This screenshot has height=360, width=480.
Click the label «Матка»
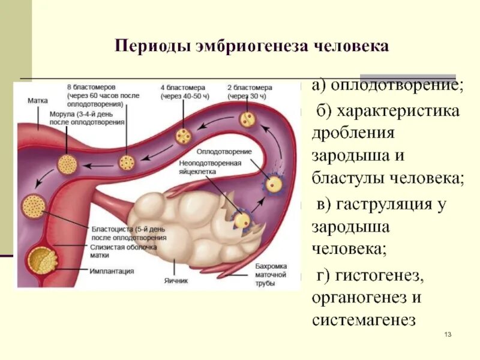[37, 101]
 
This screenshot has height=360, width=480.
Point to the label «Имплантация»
[112, 271]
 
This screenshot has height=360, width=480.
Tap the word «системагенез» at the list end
[364, 319]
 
